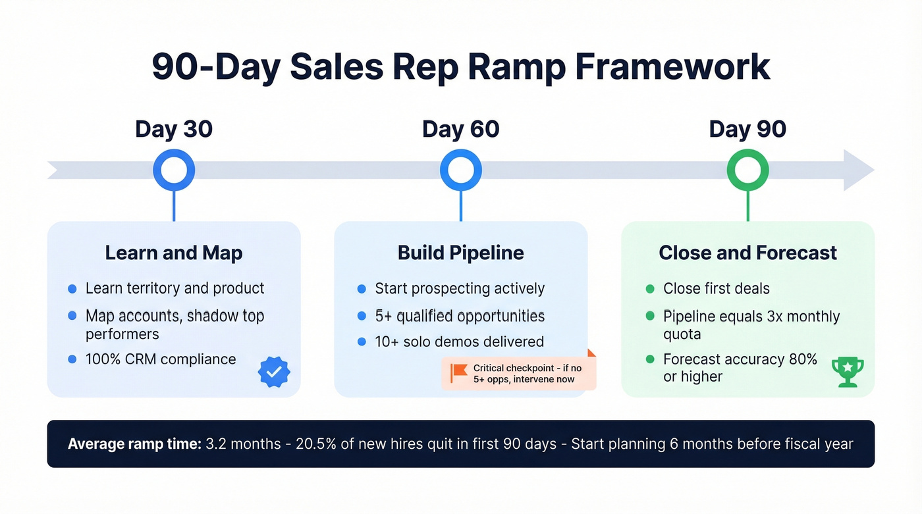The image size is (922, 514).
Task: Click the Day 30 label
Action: (174, 129)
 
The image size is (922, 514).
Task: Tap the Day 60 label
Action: (460, 129)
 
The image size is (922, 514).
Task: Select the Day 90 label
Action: (747, 129)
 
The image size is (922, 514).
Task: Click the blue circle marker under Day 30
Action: (174, 170)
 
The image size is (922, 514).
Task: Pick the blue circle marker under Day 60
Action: (461, 170)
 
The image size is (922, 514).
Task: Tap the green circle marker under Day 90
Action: (747, 170)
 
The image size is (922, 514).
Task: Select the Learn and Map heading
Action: (174, 253)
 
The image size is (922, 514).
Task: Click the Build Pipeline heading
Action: (460, 253)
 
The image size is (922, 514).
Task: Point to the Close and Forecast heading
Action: (747, 253)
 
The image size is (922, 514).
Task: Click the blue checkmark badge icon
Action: (274, 372)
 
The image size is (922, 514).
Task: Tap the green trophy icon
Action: (848, 372)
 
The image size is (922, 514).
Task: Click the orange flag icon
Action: (458, 373)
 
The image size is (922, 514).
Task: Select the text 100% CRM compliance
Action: (161, 359)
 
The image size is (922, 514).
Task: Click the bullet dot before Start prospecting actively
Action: (361, 289)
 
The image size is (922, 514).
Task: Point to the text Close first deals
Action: (716, 289)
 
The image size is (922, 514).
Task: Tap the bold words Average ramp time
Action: (134, 444)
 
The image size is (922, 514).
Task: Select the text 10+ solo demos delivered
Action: (459, 342)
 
